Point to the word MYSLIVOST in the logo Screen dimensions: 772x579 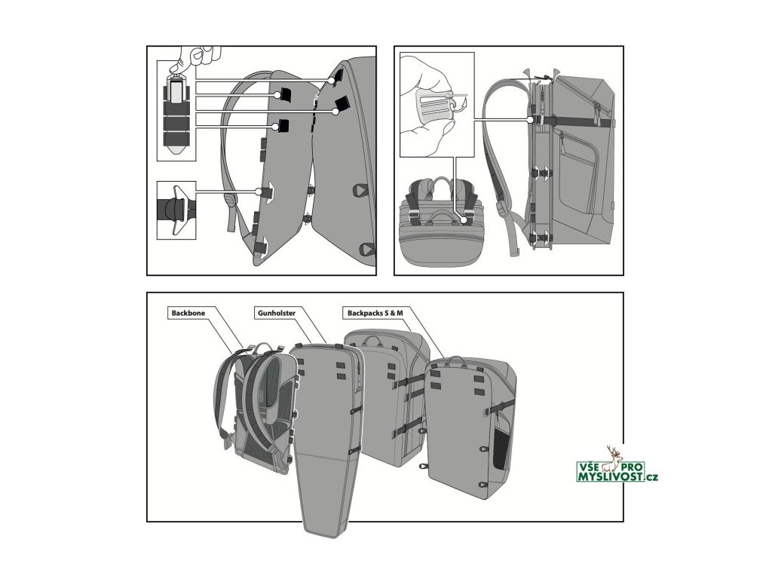(604, 476)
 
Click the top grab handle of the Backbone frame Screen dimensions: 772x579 (261, 347)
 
